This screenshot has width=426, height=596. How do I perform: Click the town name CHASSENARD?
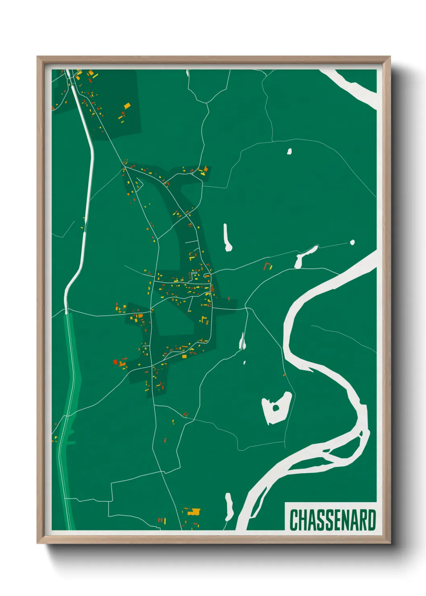pyautogui.click(x=332, y=520)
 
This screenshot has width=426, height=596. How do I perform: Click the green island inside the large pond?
pyautogui.click(x=276, y=408)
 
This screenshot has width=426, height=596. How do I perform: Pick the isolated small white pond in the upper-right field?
pyautogui.click(x=289, y=152)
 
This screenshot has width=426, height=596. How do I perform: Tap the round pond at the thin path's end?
pyautogui.click(x=352, y=242)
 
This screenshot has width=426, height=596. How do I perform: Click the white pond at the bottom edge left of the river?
pyautogui.click(x=229, y=507)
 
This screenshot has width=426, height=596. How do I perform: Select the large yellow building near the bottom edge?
pyautogui.click(x=195, y=512)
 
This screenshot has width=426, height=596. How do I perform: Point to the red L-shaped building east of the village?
pyautogui.click(x=266, y=265)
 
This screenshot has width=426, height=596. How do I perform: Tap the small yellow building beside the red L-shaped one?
pyautogui.click(x=271, y=267)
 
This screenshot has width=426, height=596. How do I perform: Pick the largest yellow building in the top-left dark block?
pyautogui.click(x=127, y=106)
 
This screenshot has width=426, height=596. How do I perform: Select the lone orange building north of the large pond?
pyautogui.click(x=284, y=375)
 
